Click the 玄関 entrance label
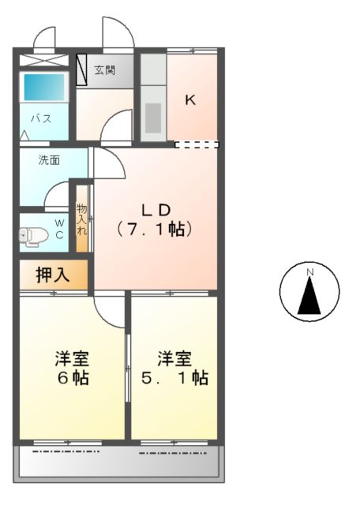(104, 71)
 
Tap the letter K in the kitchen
(190, 99)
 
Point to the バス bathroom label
(41, 119)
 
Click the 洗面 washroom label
(50, 160)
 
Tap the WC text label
(59, 228)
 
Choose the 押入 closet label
(53, 275)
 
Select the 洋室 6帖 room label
(71, 368)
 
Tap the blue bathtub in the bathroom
(44, 87)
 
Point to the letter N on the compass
(310, 273)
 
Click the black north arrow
(310, 298)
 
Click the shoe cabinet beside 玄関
(82, 72)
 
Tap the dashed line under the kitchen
(196, 144)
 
